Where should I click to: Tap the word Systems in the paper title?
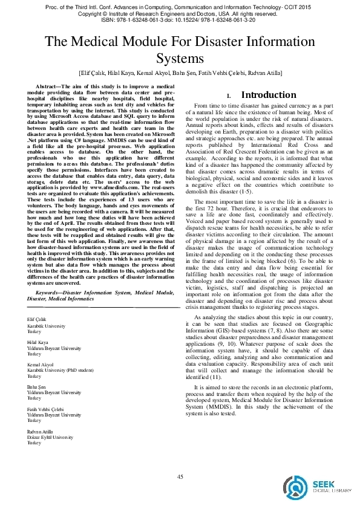click(x=180, y=58)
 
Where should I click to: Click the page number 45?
click(x=180, y=478)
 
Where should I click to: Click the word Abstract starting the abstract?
click(x=50, y=87)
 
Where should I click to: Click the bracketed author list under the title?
click(x=180, y=73)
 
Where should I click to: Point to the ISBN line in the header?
click(x=180, y=19)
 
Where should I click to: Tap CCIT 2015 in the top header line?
click(x=301, y=5)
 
